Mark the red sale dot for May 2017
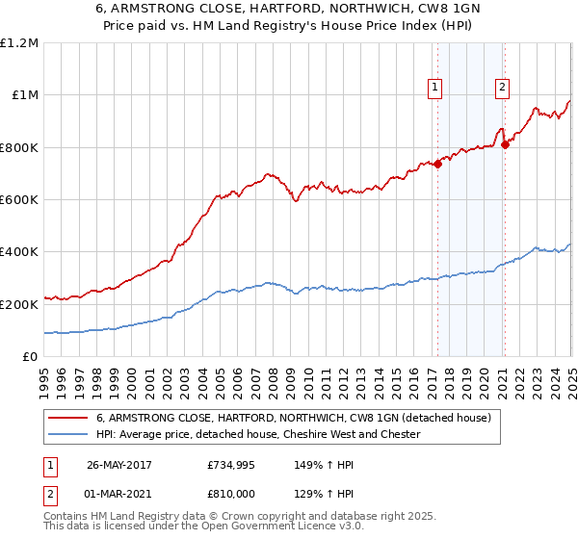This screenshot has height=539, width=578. pyautogui.click(x=437, y=164)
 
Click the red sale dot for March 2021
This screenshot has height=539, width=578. pyautogui.click(x=504, y=144)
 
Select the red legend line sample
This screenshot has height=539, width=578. pyautogui.click(x=67, y=419)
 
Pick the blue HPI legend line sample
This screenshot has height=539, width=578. pyautogui.click(x=67, y=434)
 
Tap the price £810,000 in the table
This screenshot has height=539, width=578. pyautogui.click(x=231, y=493)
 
